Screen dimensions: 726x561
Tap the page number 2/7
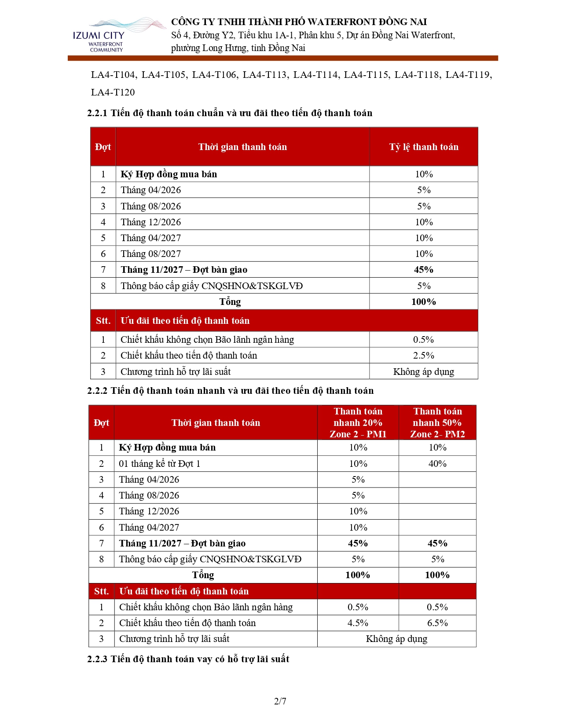pos(280,701)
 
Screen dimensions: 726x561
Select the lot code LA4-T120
pos(113,92)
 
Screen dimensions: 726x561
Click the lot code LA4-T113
pos(264,75)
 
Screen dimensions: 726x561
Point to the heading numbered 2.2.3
pos(188,659)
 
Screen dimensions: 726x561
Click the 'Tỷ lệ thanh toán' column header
pos(423,147)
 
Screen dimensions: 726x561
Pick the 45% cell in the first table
pos(423,270)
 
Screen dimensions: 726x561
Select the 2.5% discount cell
pos(423,356)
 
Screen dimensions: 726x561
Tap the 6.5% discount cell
pos(437,623)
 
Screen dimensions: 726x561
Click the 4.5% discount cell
pos(358,623)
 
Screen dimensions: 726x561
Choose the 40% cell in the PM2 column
pos(437,464)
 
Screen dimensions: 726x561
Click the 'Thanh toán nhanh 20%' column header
pos(358,422)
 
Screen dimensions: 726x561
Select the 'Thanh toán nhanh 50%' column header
pos(437,422)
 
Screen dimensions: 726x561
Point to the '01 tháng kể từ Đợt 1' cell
pos(159,464)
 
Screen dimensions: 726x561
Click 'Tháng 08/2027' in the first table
pos(150,254)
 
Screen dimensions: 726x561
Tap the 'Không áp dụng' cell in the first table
pos(423,372)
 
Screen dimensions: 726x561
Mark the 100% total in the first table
pos(423,302)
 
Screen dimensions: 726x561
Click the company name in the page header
pos(299,22)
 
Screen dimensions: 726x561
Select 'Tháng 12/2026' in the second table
pos(149,511)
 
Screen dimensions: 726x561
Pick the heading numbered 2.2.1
pos(230,113)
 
